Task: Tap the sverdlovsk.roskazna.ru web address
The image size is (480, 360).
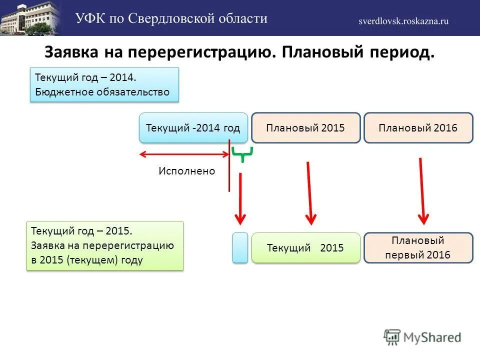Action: (403, 20)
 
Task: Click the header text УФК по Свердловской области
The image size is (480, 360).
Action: (171, 18)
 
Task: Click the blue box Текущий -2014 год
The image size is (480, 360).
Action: (193, 127)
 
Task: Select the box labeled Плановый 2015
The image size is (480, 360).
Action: (305, 127)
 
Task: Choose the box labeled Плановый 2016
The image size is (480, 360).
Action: (418, 127)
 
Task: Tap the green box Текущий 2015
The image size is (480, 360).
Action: (305, 247)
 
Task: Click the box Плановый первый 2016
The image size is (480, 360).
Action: (418, 247)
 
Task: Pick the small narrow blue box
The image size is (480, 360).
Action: (240, 247)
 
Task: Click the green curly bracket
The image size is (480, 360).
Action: (242, 153)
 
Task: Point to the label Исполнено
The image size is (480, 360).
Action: (186, 171)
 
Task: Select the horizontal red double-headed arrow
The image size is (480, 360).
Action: (184, 153)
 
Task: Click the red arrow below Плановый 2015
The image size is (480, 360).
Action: (309, 192)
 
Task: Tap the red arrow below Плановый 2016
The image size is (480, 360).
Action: (422, 190)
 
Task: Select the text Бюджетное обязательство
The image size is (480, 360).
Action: (102, 92)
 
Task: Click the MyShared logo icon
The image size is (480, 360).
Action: (393, 336)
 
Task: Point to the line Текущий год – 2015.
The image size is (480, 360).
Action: (81, 231)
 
